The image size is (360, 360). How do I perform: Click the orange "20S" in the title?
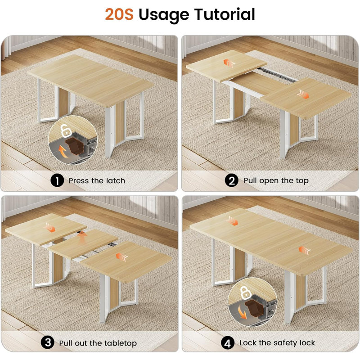(120, 14)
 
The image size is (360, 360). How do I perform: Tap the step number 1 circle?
(57, 181)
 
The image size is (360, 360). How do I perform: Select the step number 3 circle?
(48, 343)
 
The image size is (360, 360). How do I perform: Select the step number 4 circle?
(228, 343)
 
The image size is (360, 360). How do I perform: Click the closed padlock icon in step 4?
(245, 293)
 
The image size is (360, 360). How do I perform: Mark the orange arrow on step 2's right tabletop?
(303, 94)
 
